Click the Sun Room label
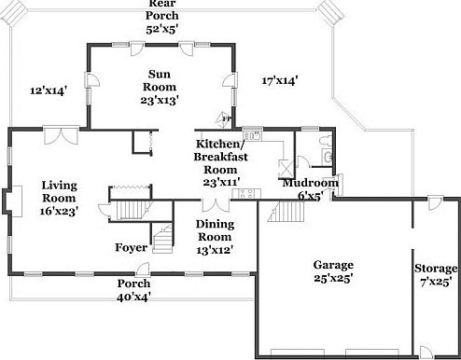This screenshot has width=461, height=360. click(159, 86)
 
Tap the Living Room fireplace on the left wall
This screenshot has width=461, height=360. click(8, 201)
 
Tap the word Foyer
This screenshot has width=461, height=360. click(130, 247)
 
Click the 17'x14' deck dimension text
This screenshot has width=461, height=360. click(278, 80)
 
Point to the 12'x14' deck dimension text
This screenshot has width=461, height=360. click(49, 90)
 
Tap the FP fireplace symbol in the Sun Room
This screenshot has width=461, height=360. click(225, 118)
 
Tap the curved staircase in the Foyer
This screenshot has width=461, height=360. click(163, 240)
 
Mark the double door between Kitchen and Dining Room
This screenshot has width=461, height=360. click(216, 204)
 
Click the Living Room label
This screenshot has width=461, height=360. click(59, 197)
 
